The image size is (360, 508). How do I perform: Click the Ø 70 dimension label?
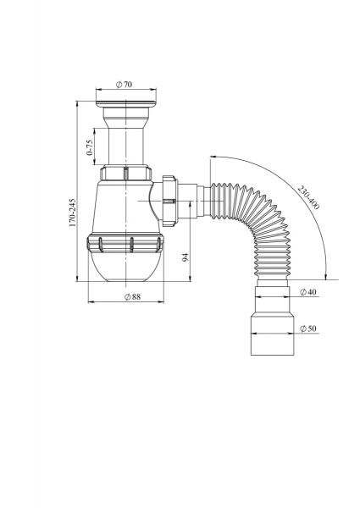[124, 84]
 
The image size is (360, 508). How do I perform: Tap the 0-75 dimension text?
[90, 147]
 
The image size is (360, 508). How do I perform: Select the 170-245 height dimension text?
[72, 213]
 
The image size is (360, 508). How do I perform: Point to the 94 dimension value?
[185, 257]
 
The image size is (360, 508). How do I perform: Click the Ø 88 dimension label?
[132, 297]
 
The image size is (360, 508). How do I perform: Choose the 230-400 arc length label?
[308, 197]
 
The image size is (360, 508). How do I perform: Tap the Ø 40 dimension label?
[307, 292]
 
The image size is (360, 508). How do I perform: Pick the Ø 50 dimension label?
[307, 329]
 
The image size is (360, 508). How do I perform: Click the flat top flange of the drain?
[126, 104]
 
